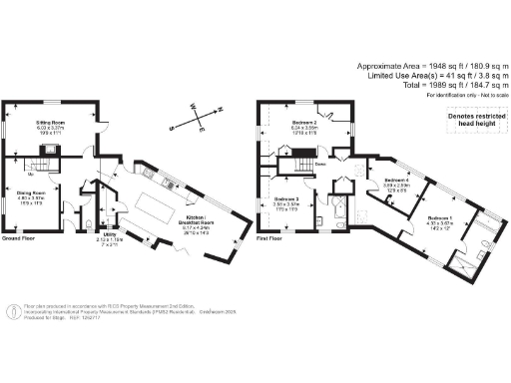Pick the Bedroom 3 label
(288, 200)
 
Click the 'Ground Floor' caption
(20, 240)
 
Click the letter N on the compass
(222, 111)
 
